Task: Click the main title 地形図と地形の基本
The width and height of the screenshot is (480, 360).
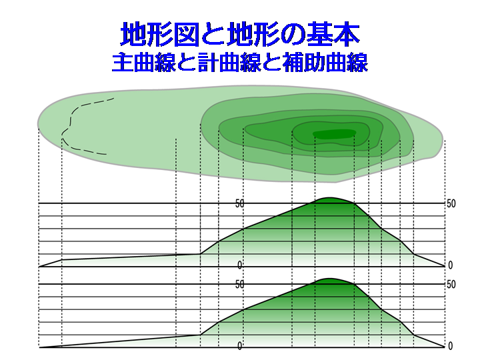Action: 240,34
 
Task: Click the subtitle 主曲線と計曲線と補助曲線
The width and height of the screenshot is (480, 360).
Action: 240,63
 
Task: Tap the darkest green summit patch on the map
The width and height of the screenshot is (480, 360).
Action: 334,134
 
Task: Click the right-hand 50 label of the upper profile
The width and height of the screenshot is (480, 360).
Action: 451,203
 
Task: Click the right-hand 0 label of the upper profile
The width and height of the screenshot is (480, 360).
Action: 450,265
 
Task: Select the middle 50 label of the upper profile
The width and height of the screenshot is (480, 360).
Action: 240,203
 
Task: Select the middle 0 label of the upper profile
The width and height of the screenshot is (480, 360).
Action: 240,265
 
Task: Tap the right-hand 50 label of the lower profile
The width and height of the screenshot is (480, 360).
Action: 451,285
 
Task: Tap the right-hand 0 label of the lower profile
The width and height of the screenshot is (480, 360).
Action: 450,346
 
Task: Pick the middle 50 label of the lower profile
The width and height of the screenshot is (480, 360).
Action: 240,285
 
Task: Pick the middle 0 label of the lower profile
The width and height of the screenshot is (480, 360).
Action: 240,346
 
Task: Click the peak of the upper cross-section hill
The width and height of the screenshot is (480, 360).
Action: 329,198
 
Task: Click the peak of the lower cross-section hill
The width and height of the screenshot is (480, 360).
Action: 329,279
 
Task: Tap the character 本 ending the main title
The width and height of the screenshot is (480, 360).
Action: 347,34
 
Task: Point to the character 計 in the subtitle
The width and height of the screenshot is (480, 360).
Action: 208,63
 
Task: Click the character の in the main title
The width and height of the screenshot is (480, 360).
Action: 293,35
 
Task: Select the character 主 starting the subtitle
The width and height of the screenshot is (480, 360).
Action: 123,63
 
